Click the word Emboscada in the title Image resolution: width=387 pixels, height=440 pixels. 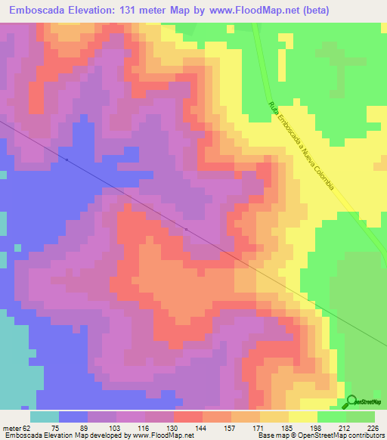39,10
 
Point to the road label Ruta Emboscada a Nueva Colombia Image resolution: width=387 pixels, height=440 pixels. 301,146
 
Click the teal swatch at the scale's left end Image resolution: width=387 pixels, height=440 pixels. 45,417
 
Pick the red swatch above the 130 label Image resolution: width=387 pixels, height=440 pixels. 188,417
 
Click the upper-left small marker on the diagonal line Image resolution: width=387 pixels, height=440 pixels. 67,160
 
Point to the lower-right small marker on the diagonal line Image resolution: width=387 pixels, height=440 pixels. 186,228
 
